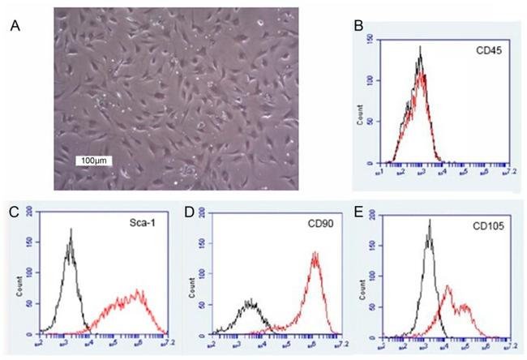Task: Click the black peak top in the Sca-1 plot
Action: pos(71,229)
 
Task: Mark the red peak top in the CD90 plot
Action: pos(314,252)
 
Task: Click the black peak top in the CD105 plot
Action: pos(428,219)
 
